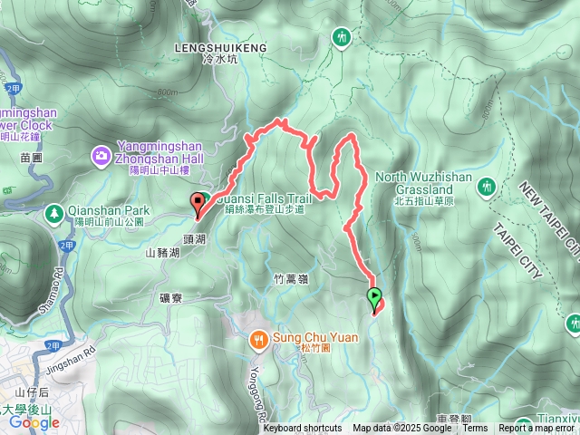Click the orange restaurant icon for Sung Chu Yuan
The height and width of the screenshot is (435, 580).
click(258, 339)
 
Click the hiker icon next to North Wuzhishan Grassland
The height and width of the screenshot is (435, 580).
click(487, 185)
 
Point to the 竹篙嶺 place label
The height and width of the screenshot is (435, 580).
click(290, 280)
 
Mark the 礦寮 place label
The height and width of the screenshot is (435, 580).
click(170, 296)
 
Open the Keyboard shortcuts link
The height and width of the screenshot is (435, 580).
click(303, 429)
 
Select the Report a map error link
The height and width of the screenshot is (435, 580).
click(539, 429)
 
